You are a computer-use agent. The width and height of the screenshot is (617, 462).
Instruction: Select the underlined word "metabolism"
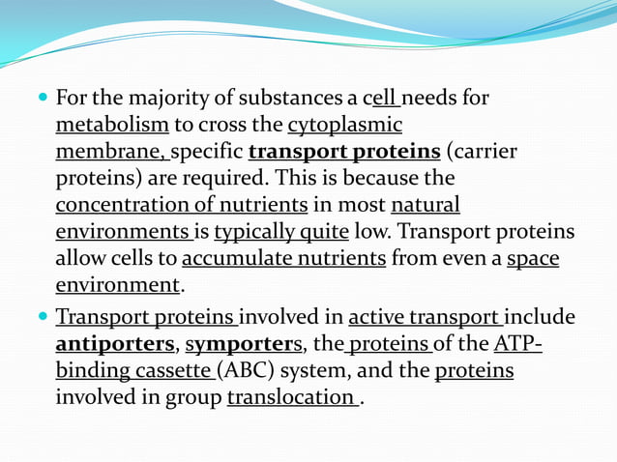[112, 126]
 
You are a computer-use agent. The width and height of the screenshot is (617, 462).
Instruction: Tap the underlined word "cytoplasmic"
[345, 126]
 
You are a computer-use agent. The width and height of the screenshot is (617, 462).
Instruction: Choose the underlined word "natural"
[426, 206]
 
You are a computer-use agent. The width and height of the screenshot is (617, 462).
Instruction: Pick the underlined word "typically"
[253, 233]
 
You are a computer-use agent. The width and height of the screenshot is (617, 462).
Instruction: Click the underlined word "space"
[533, 259]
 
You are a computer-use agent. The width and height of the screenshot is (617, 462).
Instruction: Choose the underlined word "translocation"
[290, 398]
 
